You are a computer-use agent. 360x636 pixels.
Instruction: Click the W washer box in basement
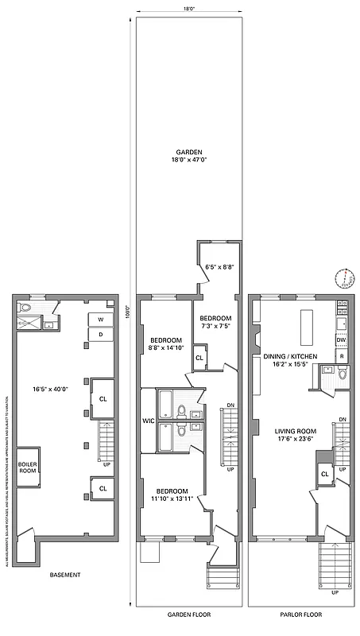100,320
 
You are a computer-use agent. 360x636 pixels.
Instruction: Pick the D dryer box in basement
100,335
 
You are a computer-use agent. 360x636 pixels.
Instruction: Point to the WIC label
147,420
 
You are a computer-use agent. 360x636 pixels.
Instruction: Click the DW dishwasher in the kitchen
341,340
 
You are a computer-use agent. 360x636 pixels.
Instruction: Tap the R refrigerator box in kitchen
341,356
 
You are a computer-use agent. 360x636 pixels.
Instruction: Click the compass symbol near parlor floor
344,278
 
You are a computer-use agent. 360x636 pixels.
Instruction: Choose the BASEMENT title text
65,574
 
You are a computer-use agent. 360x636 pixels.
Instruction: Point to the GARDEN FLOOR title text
189,614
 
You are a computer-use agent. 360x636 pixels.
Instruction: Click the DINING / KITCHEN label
290,356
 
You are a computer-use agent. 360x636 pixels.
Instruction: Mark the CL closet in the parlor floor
324,474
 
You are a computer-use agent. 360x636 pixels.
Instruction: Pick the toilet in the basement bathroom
25,308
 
